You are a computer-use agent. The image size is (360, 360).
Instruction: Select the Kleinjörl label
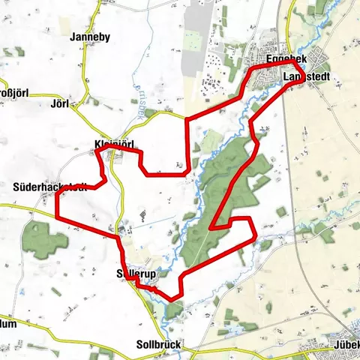(x=113, y=145)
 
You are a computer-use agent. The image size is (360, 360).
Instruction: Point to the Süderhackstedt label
(x=50, y=186)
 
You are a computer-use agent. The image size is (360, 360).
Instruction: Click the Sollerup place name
(x=136, y=275)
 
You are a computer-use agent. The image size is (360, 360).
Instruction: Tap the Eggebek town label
(x=284, y=59)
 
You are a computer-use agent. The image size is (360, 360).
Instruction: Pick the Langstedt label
(x=307, y=76)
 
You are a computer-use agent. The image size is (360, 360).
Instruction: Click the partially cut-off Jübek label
(x=346, y=345)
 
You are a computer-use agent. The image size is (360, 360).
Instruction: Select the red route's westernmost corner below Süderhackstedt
(x=58, y=219)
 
